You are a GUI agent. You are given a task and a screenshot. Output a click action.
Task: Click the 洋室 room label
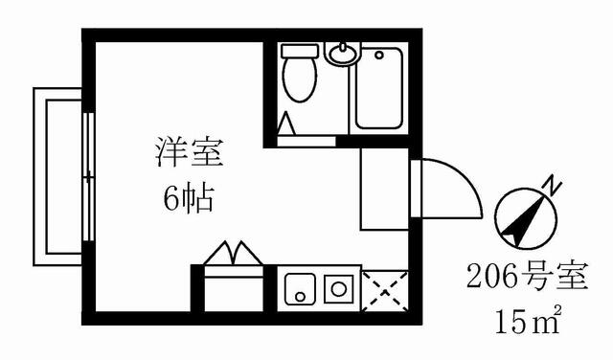(x=190, y=152)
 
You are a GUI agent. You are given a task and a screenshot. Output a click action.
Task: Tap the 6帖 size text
(x=189, y=198)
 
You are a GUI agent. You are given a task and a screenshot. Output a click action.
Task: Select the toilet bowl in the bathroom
(x=300, y=79)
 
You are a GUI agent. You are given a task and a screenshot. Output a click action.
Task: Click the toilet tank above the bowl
(x=300, y=51)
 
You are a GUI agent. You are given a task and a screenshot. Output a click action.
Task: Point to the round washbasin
(x=343, y=55)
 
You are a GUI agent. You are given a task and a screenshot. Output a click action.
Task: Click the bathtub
(x=379, y=88)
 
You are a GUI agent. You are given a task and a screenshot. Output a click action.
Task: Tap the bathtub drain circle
(x=379, y=56)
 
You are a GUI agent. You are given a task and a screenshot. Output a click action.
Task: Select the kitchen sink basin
(x=300, y=289)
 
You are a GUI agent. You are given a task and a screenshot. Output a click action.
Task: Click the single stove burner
(x=338, y=289)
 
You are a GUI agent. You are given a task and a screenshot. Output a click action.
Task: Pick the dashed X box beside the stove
(x=385, y=291)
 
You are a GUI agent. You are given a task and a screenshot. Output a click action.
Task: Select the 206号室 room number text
(x=528, y=277)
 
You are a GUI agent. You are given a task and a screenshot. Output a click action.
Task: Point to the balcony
(x=57, y=177)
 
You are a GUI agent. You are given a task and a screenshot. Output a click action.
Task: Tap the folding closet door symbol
(x=234, y=254)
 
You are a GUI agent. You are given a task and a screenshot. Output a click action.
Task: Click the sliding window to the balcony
(x=89, y=177)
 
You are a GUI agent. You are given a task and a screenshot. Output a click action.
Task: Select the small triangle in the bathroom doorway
(x=286, y=124)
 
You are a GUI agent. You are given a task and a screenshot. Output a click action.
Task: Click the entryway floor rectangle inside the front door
(x=384, y=189)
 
